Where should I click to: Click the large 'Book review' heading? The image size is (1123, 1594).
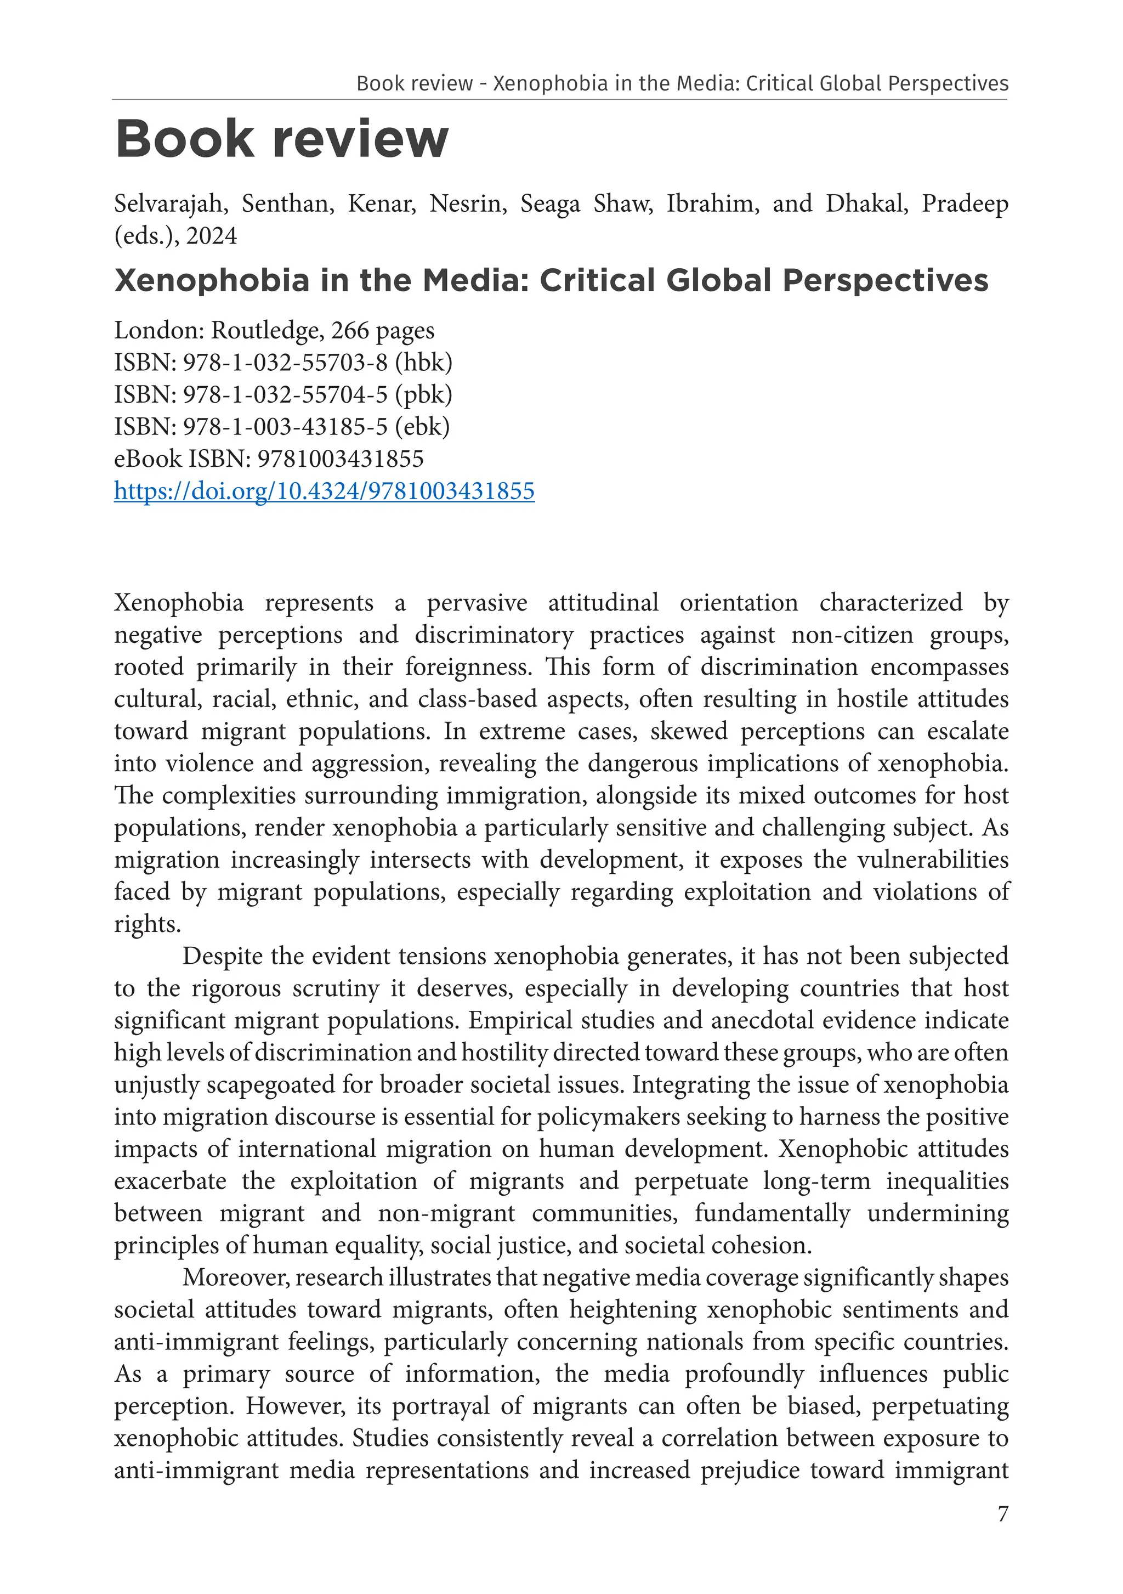(281, 139)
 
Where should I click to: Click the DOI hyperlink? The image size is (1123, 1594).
(324, 491)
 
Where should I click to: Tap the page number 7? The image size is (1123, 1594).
(1002, 1513)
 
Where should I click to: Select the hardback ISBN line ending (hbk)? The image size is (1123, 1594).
(283, 363)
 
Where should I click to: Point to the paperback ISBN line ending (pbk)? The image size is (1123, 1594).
(283, 394)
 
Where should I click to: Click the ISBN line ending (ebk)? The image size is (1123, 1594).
(282, 426)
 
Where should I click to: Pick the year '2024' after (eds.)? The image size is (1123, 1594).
(211, 236)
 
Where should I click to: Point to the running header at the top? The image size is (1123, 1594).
(682, 84)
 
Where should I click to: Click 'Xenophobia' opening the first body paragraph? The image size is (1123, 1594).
(178, 603)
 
